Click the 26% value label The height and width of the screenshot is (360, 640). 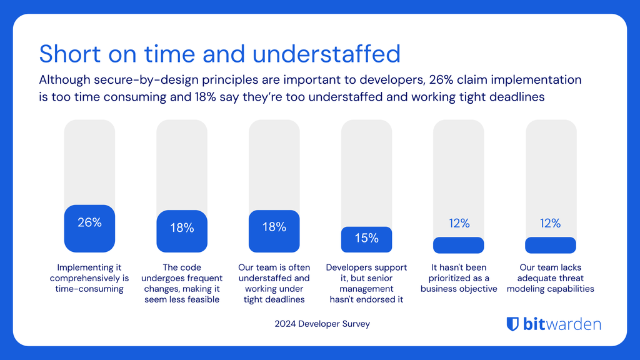point(89,222)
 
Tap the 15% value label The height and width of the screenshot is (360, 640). point(366,238)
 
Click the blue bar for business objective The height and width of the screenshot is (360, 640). point(458,245)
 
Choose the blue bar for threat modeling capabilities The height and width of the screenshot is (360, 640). point(551,245)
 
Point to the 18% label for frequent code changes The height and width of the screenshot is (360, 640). point(182,228)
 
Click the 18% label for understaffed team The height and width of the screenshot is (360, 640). point(274,227)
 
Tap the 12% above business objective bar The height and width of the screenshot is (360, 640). point(459,223)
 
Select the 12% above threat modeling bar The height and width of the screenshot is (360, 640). point(551,223)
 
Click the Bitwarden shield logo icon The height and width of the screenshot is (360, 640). point(512,324)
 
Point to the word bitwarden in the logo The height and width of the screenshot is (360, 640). point(561,324)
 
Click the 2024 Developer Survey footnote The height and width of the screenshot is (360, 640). point(322,324)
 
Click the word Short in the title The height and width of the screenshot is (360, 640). point(67,54)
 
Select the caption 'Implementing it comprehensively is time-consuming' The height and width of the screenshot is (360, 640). point(89,278)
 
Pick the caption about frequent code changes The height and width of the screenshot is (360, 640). point(182,283)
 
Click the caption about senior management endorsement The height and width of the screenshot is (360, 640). point(366,283)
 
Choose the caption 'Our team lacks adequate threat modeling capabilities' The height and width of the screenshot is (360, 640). point(551,278)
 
